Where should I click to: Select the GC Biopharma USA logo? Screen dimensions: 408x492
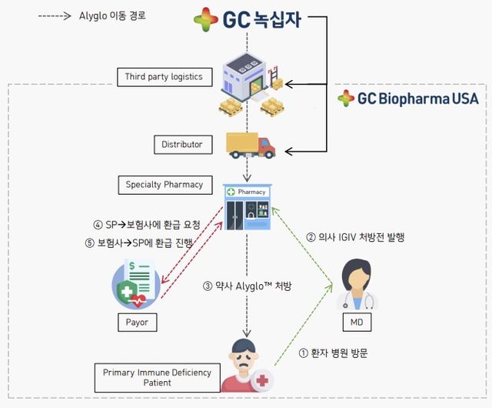point(407,98)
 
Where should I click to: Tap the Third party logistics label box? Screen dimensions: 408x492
point(164,76)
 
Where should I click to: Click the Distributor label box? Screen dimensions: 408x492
point(182,144)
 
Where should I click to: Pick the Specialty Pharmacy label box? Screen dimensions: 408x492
point(165,185)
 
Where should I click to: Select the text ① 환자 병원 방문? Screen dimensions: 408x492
point(334,353)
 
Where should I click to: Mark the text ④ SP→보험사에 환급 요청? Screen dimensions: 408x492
point(147,225)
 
